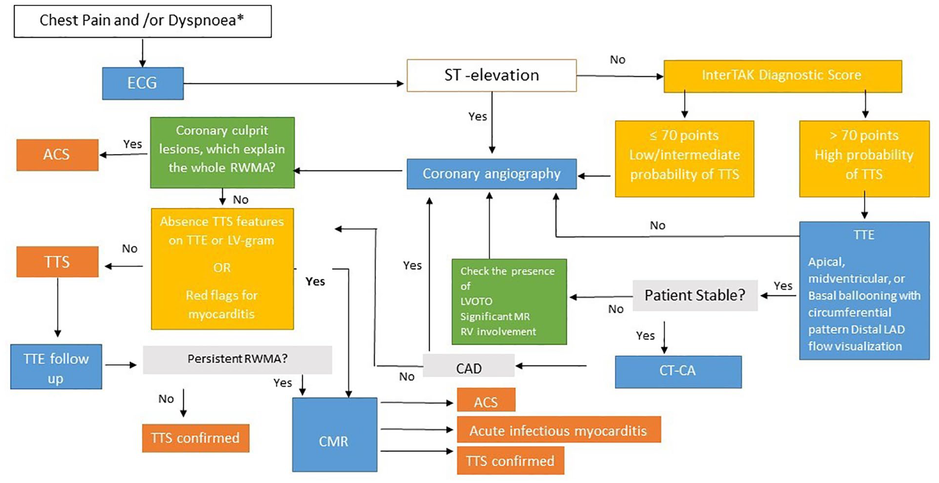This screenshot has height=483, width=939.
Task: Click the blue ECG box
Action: point(143,83)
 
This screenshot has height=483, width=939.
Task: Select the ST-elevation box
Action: point(491,76)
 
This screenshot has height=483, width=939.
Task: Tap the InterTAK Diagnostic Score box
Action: point(782,76)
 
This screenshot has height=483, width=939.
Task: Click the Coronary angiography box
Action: point(491,174)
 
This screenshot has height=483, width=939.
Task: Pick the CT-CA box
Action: point(678,372)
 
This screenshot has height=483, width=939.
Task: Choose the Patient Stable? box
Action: point(695,295)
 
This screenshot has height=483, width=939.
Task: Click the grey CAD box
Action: point(468,366)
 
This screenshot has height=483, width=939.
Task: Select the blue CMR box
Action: point(335,434)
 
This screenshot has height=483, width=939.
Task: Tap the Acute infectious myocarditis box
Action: point(559,430)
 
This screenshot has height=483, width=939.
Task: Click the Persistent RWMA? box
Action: point(237,359)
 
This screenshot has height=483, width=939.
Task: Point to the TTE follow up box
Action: point(56,366)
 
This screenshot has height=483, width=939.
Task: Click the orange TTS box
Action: point(57,261)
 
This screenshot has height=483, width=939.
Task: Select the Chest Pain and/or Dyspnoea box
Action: point(143,21)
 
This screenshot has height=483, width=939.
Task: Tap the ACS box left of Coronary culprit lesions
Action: point(57,155)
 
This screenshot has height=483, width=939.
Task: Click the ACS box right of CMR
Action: point(486,400)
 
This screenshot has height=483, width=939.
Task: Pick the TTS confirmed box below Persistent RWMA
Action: point(195,438)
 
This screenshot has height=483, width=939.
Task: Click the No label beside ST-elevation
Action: point(618,60)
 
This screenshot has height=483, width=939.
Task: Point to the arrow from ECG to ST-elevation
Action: point(293,84)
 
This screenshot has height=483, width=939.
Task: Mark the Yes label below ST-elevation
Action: point(478,117)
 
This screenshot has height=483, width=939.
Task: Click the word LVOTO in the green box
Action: point(476,301)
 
